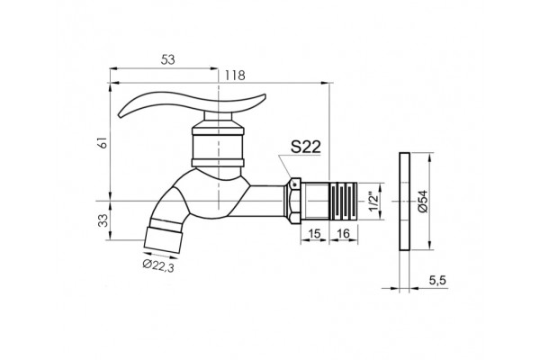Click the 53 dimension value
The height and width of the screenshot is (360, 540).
[167, 60]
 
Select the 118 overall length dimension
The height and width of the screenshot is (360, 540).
[235, 76]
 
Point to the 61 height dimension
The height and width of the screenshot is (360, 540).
[103, 142]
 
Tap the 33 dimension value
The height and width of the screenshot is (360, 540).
[103, 220]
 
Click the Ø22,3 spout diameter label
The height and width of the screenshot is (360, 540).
[158, 265]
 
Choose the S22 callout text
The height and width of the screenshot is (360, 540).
[306, 147]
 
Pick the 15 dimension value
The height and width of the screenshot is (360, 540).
[314, 234]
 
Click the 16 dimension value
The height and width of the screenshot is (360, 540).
[343, 234]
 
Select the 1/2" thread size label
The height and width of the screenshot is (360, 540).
[373, 202]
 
